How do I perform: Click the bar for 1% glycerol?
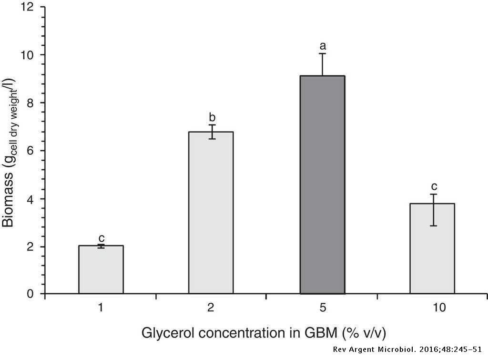pos(101,269)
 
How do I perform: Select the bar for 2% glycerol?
pos(211,213)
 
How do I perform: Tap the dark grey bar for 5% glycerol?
pos(322,185)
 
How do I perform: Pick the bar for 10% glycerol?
pos(433,248)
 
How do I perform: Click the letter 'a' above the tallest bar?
pos(323,46)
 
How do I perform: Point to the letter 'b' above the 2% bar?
pos(212,117)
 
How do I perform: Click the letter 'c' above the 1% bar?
pos(101,237)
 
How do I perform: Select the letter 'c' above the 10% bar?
pos(434,186)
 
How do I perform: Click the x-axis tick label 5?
pos(323,308)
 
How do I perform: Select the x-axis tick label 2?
pos(212,308)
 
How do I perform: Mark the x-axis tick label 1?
pos(101,308)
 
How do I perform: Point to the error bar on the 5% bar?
pos(323,64)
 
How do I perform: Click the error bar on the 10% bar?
pos(433,210)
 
